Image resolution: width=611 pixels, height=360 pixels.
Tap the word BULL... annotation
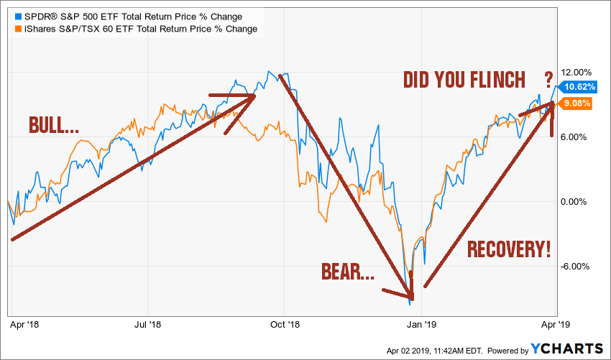55,124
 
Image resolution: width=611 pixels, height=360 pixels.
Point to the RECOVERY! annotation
509,249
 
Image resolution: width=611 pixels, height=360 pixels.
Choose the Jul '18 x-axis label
149,325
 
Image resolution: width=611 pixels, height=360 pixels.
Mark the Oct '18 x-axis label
284,325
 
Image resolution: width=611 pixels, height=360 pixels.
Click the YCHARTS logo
567,349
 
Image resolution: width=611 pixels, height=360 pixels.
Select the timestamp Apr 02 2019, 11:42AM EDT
435,350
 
